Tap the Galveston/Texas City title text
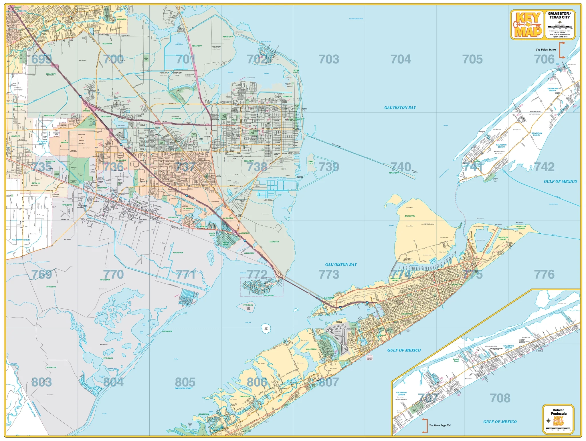coord(559,15)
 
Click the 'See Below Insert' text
coord(546,50)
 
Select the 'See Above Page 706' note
coord(439,425)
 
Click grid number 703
coord(329,59)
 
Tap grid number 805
coord(185,382)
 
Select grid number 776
coord(544,275)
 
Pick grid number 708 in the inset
coord(500,398)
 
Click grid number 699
coord(41,59)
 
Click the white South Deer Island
coord(266,329)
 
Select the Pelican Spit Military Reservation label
coord(428,224)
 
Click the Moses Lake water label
coord(230,72)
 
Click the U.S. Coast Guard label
coord(478,227)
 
